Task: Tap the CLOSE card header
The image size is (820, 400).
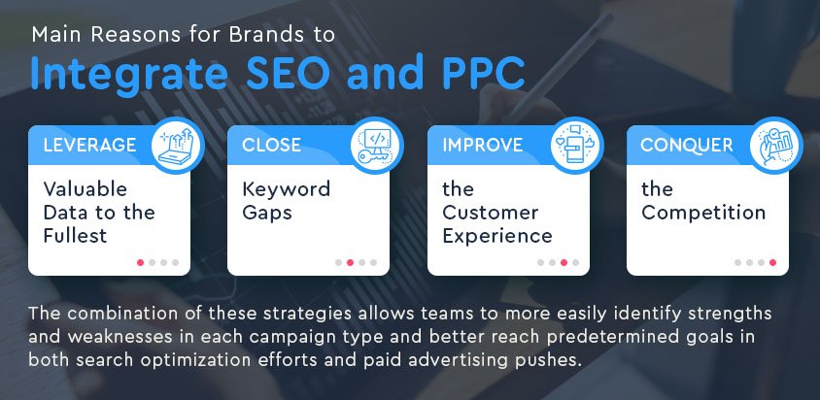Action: click(x=272, y=146)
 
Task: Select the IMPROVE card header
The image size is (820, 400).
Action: click(x=483, y=146)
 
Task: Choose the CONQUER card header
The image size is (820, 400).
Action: click(x=686, y=146)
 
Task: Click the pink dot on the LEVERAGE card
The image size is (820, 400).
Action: click(x=141, y=262)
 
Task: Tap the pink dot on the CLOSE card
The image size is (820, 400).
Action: click(x=351, y=262)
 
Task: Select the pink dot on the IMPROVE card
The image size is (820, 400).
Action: click(x=564, y=262)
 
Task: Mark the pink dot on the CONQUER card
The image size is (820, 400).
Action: click(x=773, y=262)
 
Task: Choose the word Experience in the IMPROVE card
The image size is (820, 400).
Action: click(x=497, y=235)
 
